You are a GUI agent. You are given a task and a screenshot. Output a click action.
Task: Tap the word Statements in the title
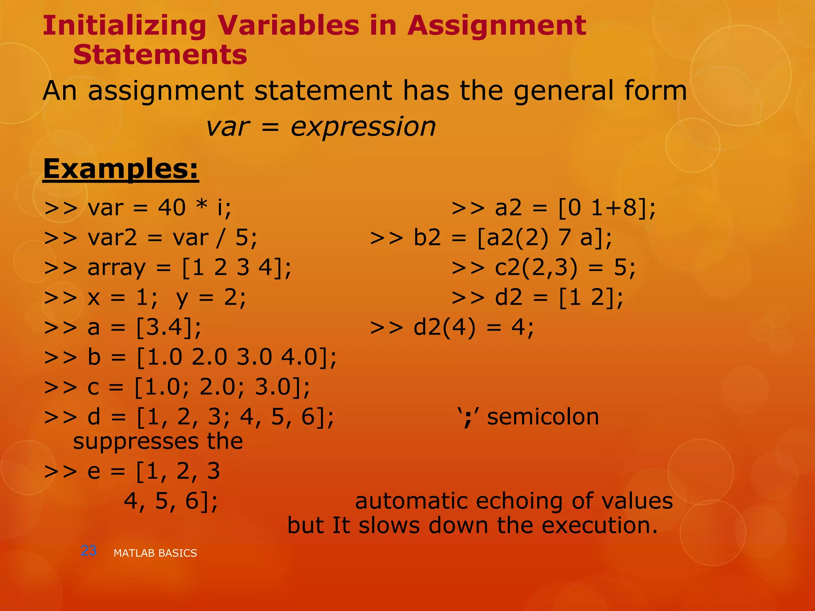[160, 55]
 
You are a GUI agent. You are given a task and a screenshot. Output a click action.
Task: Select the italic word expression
[363, 127]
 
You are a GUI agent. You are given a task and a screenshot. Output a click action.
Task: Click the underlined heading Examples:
[121, 169]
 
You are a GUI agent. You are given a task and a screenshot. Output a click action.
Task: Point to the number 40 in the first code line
[172, 208]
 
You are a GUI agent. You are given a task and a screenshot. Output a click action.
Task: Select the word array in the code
[117, 268]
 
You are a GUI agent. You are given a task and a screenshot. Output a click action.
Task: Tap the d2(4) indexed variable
[445, 328]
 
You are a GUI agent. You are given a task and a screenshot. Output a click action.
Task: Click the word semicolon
[543, 417]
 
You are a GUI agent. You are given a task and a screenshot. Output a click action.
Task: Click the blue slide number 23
[88, 551]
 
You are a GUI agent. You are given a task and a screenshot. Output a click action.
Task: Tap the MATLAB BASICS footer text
[155, 553]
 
